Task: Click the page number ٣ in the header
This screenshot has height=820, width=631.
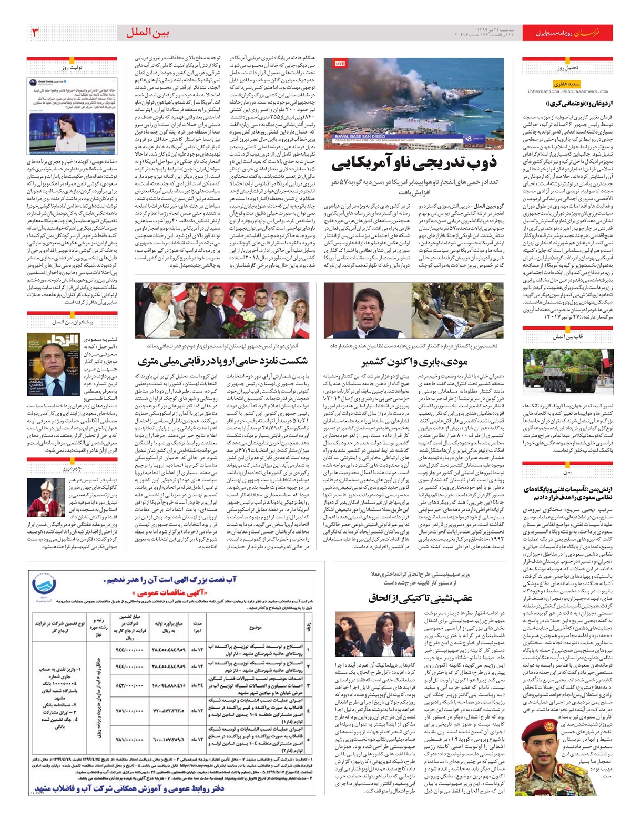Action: [35, 33]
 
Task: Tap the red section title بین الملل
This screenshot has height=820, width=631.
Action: [147, 33]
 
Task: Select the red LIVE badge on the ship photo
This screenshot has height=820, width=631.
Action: [340, 64]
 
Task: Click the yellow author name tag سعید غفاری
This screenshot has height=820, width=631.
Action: [566, 84]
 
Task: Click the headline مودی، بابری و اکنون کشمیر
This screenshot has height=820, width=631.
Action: [414, 362]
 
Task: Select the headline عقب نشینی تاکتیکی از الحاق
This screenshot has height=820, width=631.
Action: [420, 598]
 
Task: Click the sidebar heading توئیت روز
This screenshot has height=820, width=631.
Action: [72, 68]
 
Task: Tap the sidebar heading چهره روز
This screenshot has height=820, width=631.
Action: [72, 468]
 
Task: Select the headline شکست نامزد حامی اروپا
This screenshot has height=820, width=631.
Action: [222, 362]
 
